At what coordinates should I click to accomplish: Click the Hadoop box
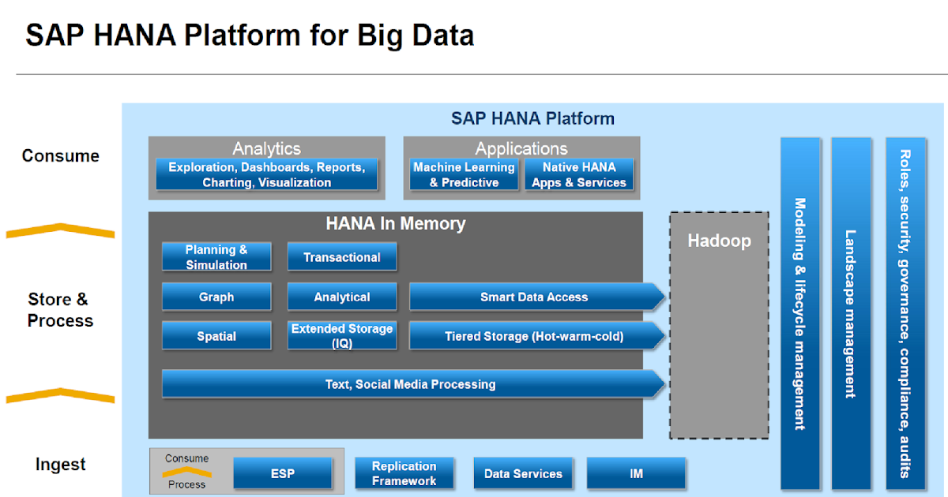(x=719, y=323)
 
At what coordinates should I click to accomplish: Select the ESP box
(x=283, y=473)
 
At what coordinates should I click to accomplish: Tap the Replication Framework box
(x=404, y=473)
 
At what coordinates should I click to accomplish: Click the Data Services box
(x=523, y=473)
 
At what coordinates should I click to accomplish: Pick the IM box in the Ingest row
(x=636, y=473)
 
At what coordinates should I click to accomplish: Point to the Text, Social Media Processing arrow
(x=411, y=384)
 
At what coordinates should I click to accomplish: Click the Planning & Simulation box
(x=216, y=257)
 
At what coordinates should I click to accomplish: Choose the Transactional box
(x=342, y=257)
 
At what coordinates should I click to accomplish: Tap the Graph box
(x=216, y=297)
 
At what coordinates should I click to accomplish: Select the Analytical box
(x=342, y=297)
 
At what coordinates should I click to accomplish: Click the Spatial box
(x=216, y=336)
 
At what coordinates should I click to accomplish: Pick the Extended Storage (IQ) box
(x=342, y=336)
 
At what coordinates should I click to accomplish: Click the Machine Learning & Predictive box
(x=464, y=174)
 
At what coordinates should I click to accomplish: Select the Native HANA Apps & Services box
(x=579, y=174)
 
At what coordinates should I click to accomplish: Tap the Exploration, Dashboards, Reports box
(x=266, y=174)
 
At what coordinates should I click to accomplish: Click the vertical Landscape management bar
(x=851, y=313)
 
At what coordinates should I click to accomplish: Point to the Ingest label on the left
(x=60, y=465)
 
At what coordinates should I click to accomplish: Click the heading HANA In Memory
(x=396, y=223)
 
